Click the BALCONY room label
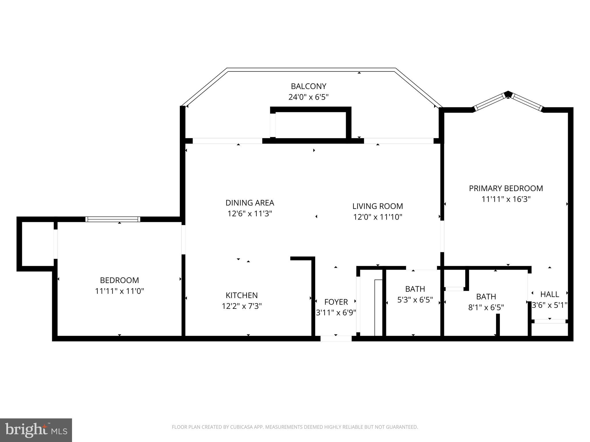(308, 86)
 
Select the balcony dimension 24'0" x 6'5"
(308, 97)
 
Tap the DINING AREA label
(249, 203)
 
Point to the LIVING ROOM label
(377, 206)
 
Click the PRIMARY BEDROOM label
(506, 188)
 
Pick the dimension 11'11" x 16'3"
(506, 199)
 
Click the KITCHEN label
(241, 295)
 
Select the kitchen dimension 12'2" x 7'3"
(241, 306)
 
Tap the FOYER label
(336, 302)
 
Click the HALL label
(549, 294)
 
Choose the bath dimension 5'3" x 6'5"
(415, 300)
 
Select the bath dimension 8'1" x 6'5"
(486, 308)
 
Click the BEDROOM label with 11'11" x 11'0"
(119, 280)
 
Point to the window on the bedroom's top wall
(113, 219)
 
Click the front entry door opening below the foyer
(336, 339)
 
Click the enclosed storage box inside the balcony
(311, 125)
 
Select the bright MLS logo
(36, 430)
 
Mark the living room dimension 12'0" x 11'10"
(377, 217)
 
